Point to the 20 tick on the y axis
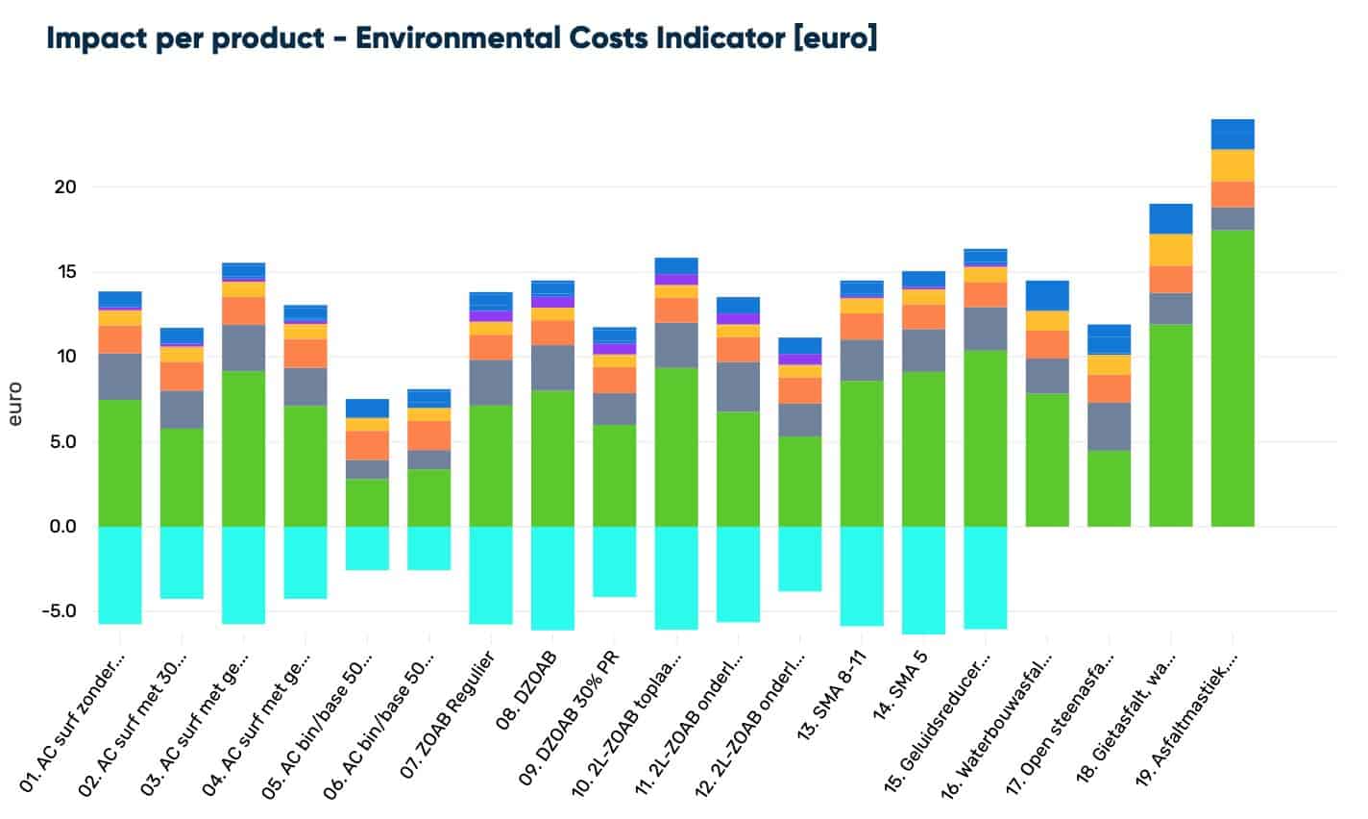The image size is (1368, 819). pyautogui.click(x=64, y=187)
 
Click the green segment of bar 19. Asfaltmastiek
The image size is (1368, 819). pyautogui.click(x=1233, y=378)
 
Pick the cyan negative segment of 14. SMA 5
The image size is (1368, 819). pyautogui.click(x=923, y=580)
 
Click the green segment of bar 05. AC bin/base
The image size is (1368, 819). pyautogui.click(x=367, y=502)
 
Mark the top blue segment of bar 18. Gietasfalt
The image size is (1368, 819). pyautogui.click(x=1171, y=218)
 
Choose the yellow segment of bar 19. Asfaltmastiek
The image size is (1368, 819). pyautogui.click(x=1233, y=165)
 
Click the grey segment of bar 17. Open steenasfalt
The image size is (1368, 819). pyautogui.click(x=1109, y=426)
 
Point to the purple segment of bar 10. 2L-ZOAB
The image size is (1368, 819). pyautogui.click(x=676, y=280)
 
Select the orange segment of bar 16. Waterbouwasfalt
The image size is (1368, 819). pyautogui.click(x=1047, y=344)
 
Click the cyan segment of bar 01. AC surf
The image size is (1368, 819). pyautogui.click(x=120, y=575)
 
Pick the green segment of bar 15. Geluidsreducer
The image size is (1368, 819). pyautogui.click(x=986, y=438)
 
